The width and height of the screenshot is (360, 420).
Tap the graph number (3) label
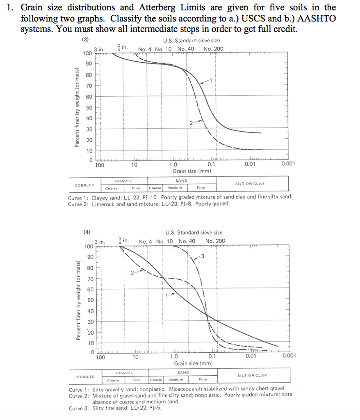click(85, 40)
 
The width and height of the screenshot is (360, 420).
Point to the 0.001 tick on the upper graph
click(288, 164)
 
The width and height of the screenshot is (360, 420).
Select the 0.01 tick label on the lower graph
click(251, 356)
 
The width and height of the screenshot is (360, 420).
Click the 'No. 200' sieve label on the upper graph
click(214, 49)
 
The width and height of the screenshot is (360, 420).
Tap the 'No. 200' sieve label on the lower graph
click(215, 241)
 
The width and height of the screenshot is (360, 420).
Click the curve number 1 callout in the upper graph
click(212, 80)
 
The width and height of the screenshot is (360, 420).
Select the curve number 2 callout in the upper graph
click(191, 123)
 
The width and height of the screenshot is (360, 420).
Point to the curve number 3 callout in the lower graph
click(202, 256)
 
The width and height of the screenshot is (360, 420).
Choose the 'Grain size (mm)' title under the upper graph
click(191, 171)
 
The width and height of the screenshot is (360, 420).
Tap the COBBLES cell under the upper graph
click(84, 185)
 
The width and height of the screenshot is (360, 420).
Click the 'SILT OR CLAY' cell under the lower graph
click(252, 375)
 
